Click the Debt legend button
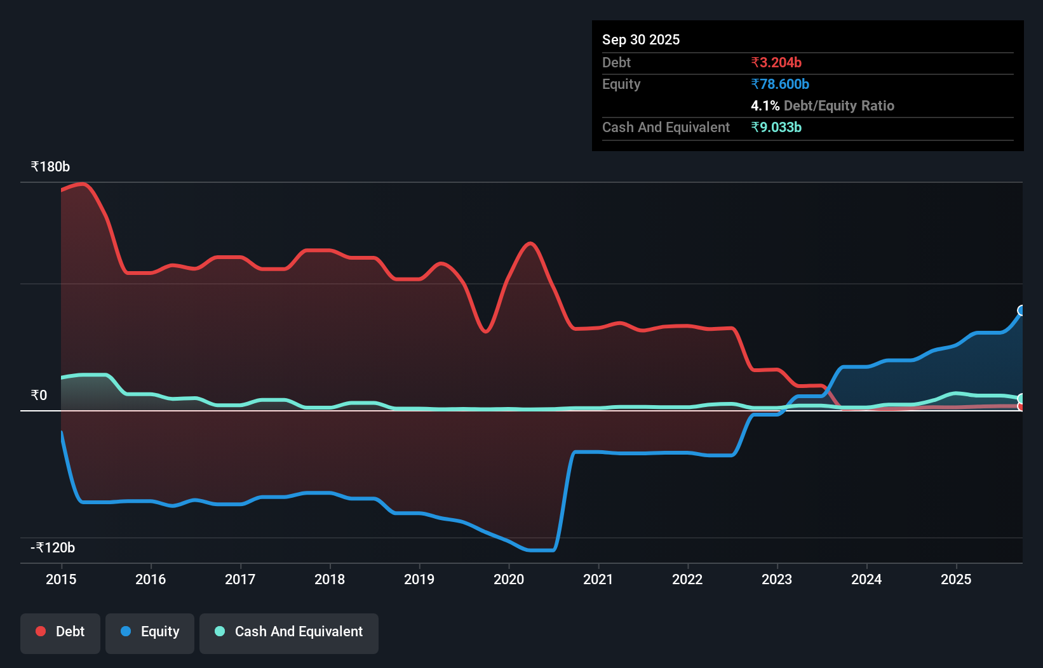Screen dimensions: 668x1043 click(x=60, y=632)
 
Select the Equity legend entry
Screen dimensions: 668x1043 click(x=150, y=632)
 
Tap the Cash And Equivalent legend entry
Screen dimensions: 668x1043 click(x=289, y=632)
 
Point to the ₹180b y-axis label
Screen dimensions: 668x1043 click(x=50, y=167)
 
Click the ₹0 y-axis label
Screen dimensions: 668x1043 click(x=39, y=396)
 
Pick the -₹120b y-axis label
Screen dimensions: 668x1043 click(x=53, y=548)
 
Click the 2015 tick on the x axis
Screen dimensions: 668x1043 click(x=61, y=579)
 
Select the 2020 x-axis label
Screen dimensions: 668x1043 click(x=509, y=579)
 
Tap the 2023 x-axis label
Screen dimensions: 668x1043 click(x=777, y=579)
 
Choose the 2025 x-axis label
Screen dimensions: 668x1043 click(x=956, y=579)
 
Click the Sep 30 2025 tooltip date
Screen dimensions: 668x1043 click(x=641, y=39)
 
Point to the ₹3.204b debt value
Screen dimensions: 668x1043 click(x=776, y=62)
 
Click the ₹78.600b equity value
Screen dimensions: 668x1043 click(x=780, y=84)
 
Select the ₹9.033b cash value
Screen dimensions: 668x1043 click(x=776, y=127)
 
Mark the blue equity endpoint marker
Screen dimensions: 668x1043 click(x=1021, y=311)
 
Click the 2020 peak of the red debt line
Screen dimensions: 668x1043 click(x=530, y=243)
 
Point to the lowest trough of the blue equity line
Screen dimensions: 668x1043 click(x=540, y=550)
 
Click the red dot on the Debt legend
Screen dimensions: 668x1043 click(x=41, y=631)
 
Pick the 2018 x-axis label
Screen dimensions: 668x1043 click(x=330, y=579)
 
